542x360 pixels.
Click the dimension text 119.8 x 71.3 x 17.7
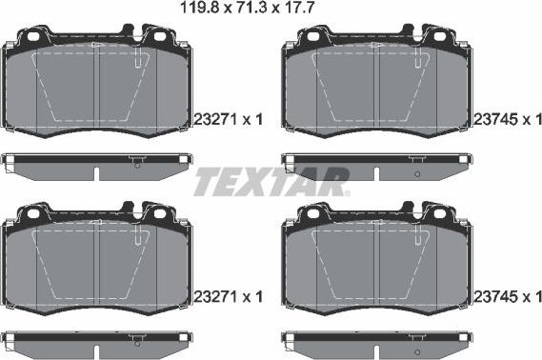[x=271, y=10]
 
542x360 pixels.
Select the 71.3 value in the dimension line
[x=271, y=10]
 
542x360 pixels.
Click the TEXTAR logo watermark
[x=270, y=180]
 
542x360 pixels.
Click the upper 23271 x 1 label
[x=227, y=119]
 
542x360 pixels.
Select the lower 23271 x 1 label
[x=227, y=296]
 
